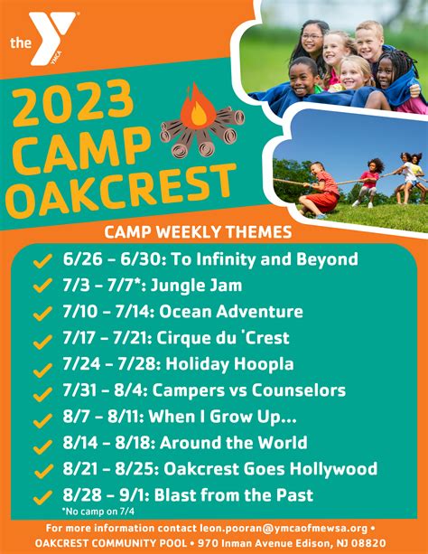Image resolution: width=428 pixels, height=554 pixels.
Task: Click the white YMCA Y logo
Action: click(52, 38)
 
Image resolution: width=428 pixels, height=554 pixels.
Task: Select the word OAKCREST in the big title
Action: click(121, 192)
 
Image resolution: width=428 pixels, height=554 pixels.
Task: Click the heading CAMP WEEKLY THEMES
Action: click(198, 232)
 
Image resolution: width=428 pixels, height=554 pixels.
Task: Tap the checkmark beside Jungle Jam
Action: click(42, 286)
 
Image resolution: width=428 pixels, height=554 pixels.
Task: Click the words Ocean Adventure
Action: click(231, 312)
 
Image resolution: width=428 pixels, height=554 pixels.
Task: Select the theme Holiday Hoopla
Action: click(229, 364)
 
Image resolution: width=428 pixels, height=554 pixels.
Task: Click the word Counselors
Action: click(298, 390)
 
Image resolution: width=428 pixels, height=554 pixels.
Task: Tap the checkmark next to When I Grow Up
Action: click(42, 421)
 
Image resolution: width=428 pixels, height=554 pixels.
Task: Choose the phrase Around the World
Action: click(234, 443)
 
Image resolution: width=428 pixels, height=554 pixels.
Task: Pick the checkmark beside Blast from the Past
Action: click(42, 497)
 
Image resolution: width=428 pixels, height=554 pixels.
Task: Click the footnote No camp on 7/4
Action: click(98, 512)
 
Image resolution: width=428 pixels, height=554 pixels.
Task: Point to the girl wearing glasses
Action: click(311, 42)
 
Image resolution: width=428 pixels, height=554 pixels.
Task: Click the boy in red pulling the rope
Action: click(321, 190)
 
